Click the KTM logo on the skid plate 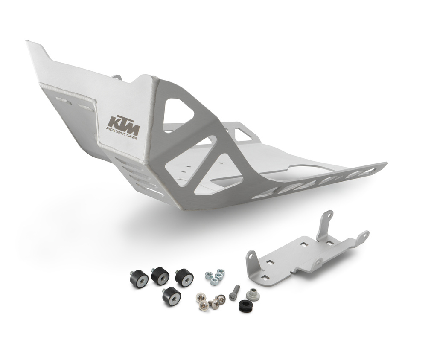123,121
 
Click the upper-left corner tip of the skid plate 28,42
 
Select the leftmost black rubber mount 139,279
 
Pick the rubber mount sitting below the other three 172,296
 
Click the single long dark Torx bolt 234,293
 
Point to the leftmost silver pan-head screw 201,297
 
